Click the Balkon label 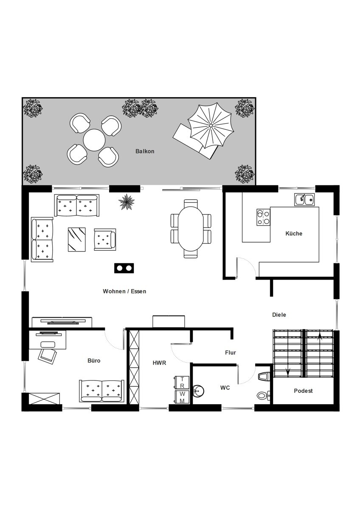(x=145, y=151)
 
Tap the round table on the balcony (x=94, y=140)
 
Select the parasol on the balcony (x=211, y=126)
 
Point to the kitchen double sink (x=304, y=199)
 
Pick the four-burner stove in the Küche (x=263, y=217)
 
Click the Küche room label (x=294, y=233)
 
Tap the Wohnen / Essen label (x=124, y=291)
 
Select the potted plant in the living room (x=127, y=201)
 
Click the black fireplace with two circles (x=124, y=268)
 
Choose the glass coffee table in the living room (x=77, y=240)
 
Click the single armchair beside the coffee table (x=105, y=240)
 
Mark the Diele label (x=279, y=315)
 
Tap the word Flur (x=231, y=352)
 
